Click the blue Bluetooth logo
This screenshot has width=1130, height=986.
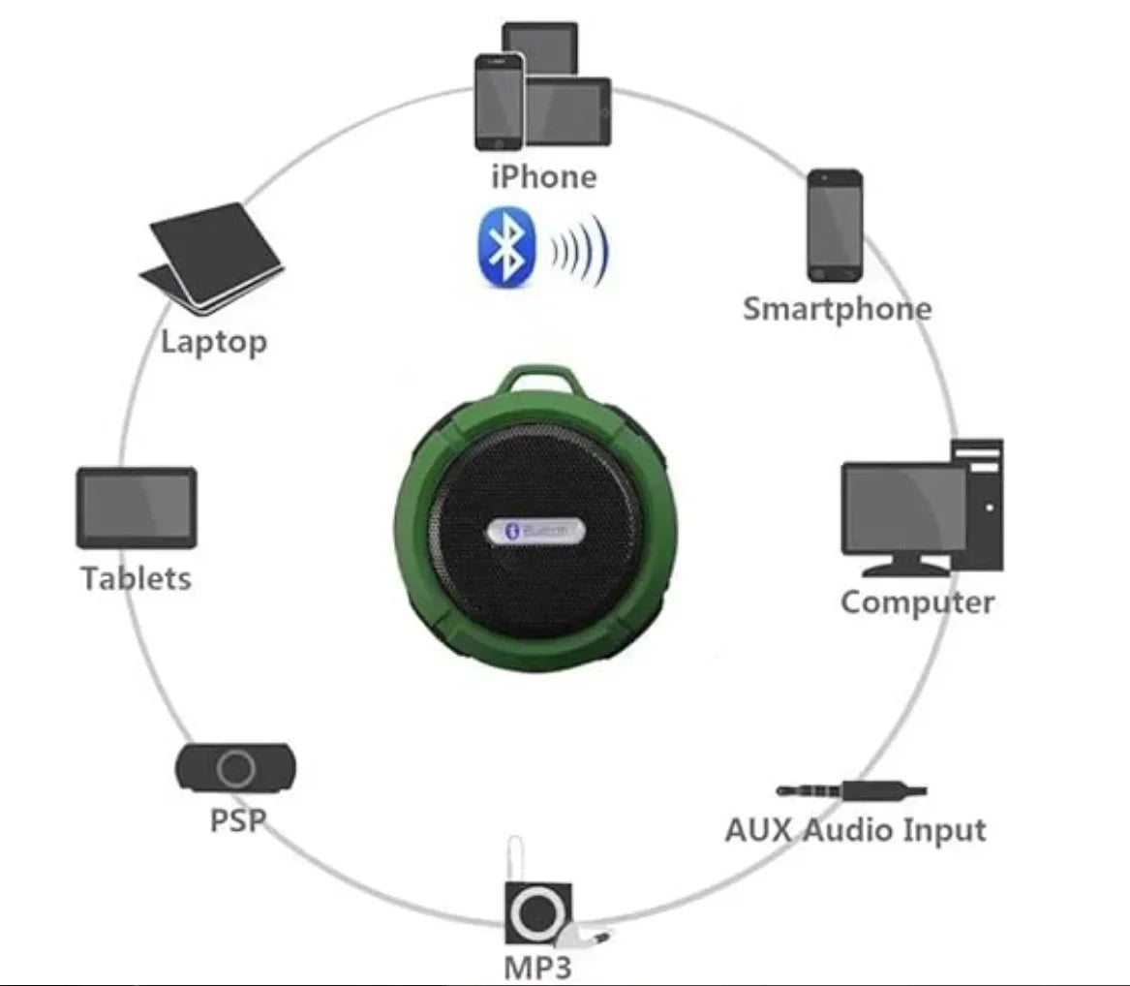click(x=507, y=247)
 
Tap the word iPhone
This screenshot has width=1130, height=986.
click(x=544, y=176)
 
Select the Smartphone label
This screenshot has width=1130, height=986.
click(x=837, y=309)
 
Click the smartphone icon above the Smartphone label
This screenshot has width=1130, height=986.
click(x=835, y=226)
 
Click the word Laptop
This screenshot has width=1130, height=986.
click(x=214, y=341)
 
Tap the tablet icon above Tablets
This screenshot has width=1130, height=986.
click(x=137, y=508)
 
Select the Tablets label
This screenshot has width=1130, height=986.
click(x=137, y=578)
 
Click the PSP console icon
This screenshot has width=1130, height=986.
click(x=235, y=768)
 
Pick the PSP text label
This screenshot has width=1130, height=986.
click(x=237, y=820)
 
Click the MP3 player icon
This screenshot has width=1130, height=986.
click(x=537, y=911)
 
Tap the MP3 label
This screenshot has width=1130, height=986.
click(x=538, y=967)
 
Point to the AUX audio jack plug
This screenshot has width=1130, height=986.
click(x=852, y=790)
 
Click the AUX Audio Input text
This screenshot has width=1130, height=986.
click(x=856, y=830)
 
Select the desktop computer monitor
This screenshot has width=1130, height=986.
click(x=902, y=508)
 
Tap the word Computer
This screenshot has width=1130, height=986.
click(x=917, y=602)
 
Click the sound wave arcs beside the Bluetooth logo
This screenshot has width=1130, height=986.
click(x=579, y=249)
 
